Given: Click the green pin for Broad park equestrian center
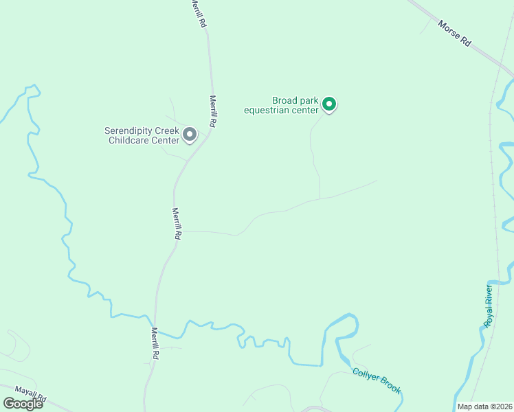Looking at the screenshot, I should point(329,104).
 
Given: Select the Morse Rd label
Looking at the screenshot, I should point(455,33).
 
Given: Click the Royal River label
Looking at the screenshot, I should point(489,306).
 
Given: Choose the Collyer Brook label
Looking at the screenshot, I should point(376,380).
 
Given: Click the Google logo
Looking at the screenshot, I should point(23,403).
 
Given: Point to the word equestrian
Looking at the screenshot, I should point(282,110).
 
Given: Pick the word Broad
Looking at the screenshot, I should point(285,100).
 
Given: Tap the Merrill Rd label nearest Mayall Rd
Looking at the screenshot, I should point(155,343).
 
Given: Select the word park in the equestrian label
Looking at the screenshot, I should point(309,100).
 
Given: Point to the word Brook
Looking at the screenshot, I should point(389,387).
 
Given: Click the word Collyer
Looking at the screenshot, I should point(365,375).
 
